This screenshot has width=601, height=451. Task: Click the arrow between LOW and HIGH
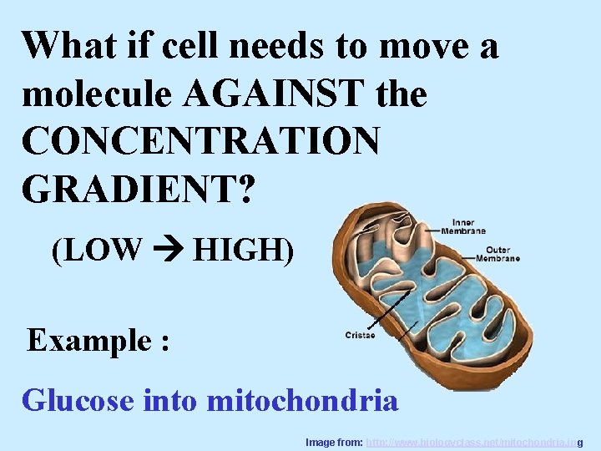(167, 249)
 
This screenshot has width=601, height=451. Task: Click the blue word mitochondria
(302, 400)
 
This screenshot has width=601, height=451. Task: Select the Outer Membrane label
(497, 254)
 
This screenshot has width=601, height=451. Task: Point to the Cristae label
(360, 336)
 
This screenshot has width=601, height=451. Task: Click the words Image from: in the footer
(334, 441)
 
